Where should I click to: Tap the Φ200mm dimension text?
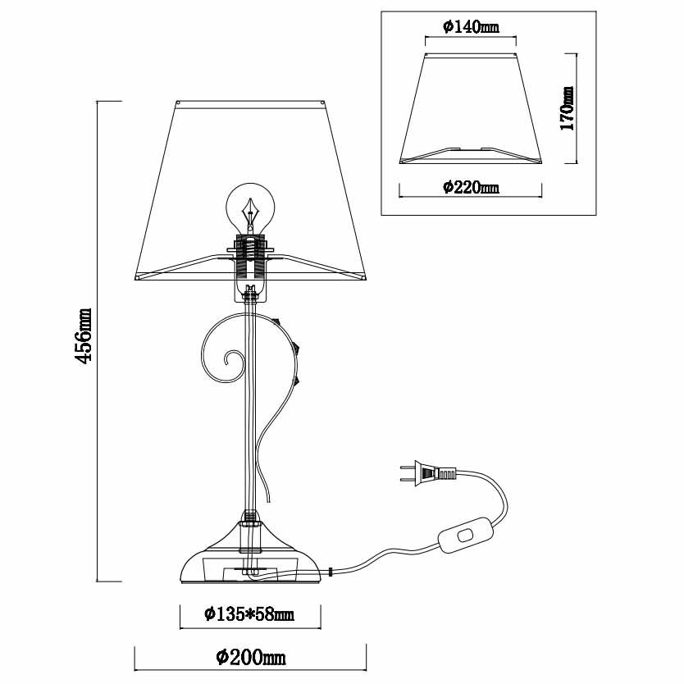tap(251, 657)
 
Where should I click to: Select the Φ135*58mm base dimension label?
tap(249, 613)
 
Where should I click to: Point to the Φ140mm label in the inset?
tap(470, 27)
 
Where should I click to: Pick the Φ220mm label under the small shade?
tap(471, 188)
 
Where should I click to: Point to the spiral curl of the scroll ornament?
tap(231, 361)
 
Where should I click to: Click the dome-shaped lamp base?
tap(251, 558)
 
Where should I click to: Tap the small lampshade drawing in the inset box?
tap(471, 107)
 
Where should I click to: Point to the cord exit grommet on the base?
tap(329, 572)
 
